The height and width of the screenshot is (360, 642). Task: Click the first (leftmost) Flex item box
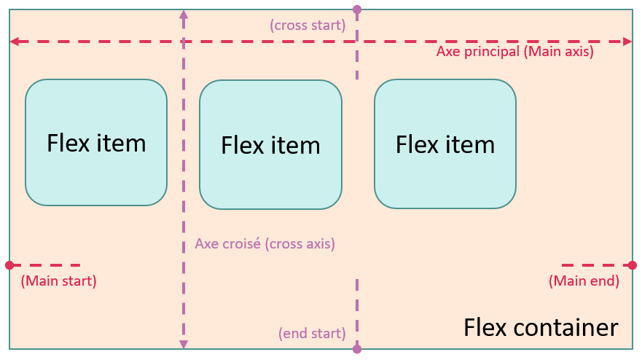point(96,142)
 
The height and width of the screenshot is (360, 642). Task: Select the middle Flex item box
point(270,144)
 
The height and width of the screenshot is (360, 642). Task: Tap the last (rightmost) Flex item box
point(445,144)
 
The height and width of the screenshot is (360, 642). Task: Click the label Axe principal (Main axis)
point(514,52)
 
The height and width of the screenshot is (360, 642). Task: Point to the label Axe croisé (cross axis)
point(265,244)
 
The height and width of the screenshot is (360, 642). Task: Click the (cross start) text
point(307,25)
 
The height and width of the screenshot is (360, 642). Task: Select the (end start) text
point(311,333)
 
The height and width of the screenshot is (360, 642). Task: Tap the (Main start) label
point(58,281)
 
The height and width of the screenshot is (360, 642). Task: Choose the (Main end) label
point(584,281)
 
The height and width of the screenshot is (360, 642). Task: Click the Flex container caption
point(540,327)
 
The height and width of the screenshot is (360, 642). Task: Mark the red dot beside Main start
point(9,265)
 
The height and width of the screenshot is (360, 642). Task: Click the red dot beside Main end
point(633,265)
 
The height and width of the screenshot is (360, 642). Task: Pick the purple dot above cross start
point(357,9)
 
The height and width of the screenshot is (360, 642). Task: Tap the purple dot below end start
point(357,350)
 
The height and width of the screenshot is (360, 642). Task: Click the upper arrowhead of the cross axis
point(183,14)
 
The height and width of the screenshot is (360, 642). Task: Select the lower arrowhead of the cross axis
point(183,343)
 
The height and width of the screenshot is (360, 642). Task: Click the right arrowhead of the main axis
point(627,42)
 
